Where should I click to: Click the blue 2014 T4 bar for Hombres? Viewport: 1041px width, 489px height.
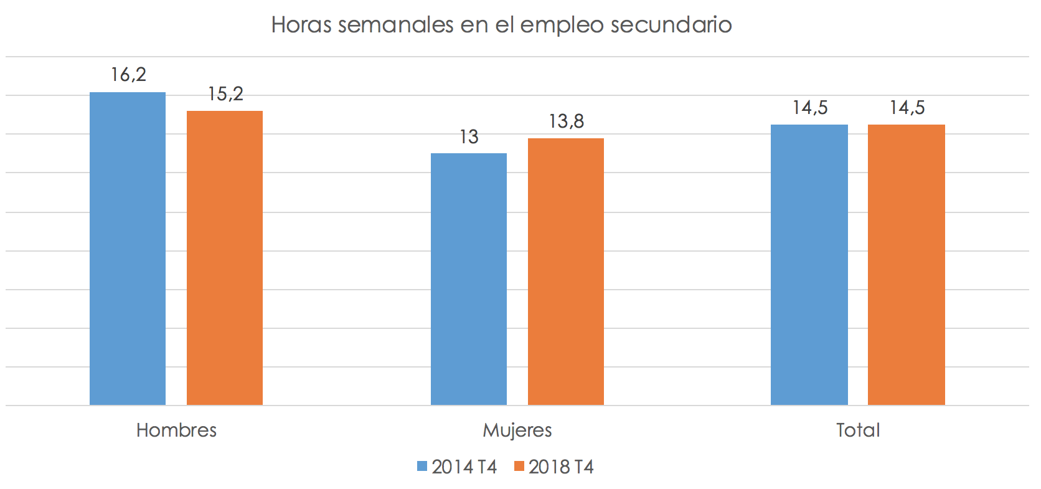tap(128, 249)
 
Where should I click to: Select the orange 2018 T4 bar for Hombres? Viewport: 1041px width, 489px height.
tap(225, 259)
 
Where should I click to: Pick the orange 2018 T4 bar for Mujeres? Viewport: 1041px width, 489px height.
tap(566, 272)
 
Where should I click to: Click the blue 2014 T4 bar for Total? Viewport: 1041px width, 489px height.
tap(809, 265)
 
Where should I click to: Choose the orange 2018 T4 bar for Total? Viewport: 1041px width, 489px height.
tap(907, 265)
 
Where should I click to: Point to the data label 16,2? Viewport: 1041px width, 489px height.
tap(128, 75)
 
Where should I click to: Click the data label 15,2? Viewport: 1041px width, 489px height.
tap(225, 94)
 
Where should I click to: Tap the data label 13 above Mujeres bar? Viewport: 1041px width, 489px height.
tap(469, 137)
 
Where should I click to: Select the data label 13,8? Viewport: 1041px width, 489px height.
tap(566, 121)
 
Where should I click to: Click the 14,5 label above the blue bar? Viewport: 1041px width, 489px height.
tap(810, 108)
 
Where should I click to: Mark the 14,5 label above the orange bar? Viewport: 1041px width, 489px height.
tap(907, 108)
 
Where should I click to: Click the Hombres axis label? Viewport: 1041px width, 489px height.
tap(176, 430)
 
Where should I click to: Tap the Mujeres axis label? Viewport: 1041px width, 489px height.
tap(517, 430)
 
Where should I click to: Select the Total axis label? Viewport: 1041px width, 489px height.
tap(858, 430)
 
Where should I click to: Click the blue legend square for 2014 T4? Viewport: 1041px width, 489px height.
tap(422, 467)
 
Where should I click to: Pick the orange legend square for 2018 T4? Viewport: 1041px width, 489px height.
tap(519, 467)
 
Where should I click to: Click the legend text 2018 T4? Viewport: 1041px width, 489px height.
tap(561, 467)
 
